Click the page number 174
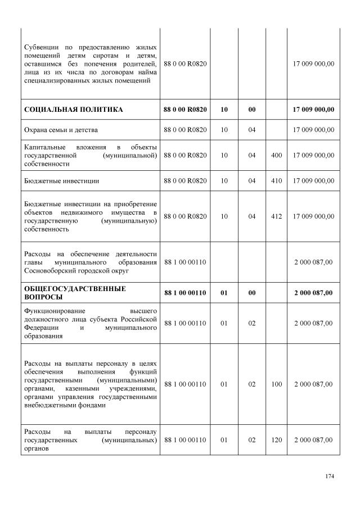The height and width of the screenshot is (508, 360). pos(330,477)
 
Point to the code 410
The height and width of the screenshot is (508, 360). pos(276,180)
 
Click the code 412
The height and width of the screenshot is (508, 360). pos(276,216)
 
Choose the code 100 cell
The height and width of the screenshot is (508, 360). pos(276,384)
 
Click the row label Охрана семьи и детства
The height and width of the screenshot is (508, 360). pos(61,130)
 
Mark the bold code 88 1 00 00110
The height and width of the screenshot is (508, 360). pos(185,293)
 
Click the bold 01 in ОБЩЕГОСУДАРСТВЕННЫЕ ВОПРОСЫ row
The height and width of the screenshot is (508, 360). pos(224,293)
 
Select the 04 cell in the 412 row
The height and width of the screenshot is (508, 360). pos(251,216)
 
